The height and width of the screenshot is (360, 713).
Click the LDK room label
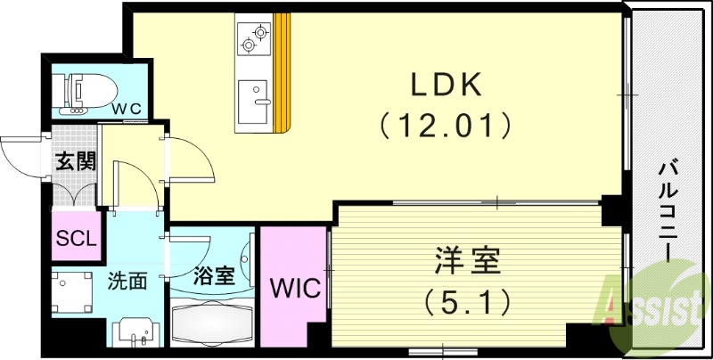tap(446, 86)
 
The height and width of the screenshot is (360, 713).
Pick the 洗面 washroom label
tap(127, 282)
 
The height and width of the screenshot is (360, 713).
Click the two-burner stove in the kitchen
tap(254, 37)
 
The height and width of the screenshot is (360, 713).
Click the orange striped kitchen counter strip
tap(283, 71)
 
